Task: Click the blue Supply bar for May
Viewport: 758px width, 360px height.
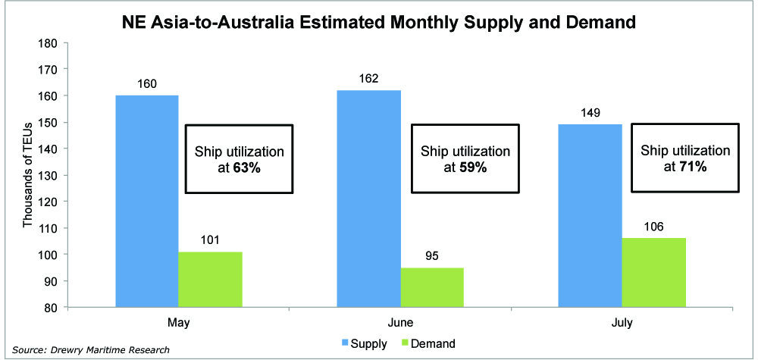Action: [x=146, y=201]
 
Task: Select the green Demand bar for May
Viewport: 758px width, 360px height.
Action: [x=210, y=280]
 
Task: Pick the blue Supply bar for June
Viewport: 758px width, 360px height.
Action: [x=368, y=199]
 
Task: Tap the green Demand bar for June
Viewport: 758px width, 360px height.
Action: [x=433, y=287]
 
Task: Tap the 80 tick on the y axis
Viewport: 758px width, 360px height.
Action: [x=50, y=308]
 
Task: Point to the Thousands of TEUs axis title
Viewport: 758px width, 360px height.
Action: [x=27, y=175]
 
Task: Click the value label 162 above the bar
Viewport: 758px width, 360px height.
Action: [x=368, y=79]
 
